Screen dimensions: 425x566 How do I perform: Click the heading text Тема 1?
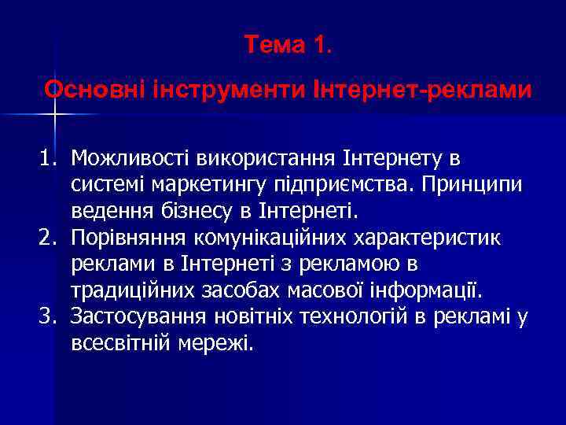288,46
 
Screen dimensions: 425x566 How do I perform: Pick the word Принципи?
474,186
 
